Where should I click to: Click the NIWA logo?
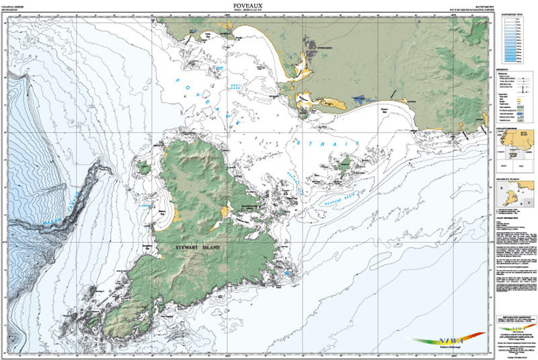[475, 330]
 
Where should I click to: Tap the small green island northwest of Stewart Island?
[143, 167]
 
